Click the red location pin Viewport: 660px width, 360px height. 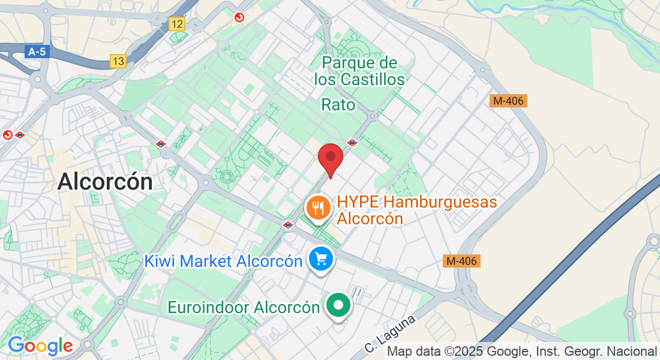(x=330, y=159)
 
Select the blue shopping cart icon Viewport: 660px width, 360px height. (x=321, y=259)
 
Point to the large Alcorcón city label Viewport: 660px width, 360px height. (x=105, y=181)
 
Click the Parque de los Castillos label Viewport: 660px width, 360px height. (x=359, y=71)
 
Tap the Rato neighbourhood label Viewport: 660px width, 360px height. (x=338, y=105)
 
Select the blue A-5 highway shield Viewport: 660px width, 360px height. (x=37, y=52)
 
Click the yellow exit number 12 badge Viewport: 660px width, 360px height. (x=177, y=24)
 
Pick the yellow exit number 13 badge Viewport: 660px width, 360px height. (x=118, y=61)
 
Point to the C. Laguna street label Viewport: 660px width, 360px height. (x=390, y=334)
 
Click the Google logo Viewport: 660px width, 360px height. (x=40, y=346)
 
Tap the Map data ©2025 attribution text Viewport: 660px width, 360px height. (x=522, y=351)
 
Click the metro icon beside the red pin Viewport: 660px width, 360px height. (x=352, y=143)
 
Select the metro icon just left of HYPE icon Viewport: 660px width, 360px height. (x=288, y=225)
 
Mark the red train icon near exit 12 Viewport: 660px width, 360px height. (x=239, y=18)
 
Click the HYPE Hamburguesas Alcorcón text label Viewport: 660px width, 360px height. (x=417, y=209)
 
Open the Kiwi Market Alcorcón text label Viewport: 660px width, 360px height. (x=223, y=261)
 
